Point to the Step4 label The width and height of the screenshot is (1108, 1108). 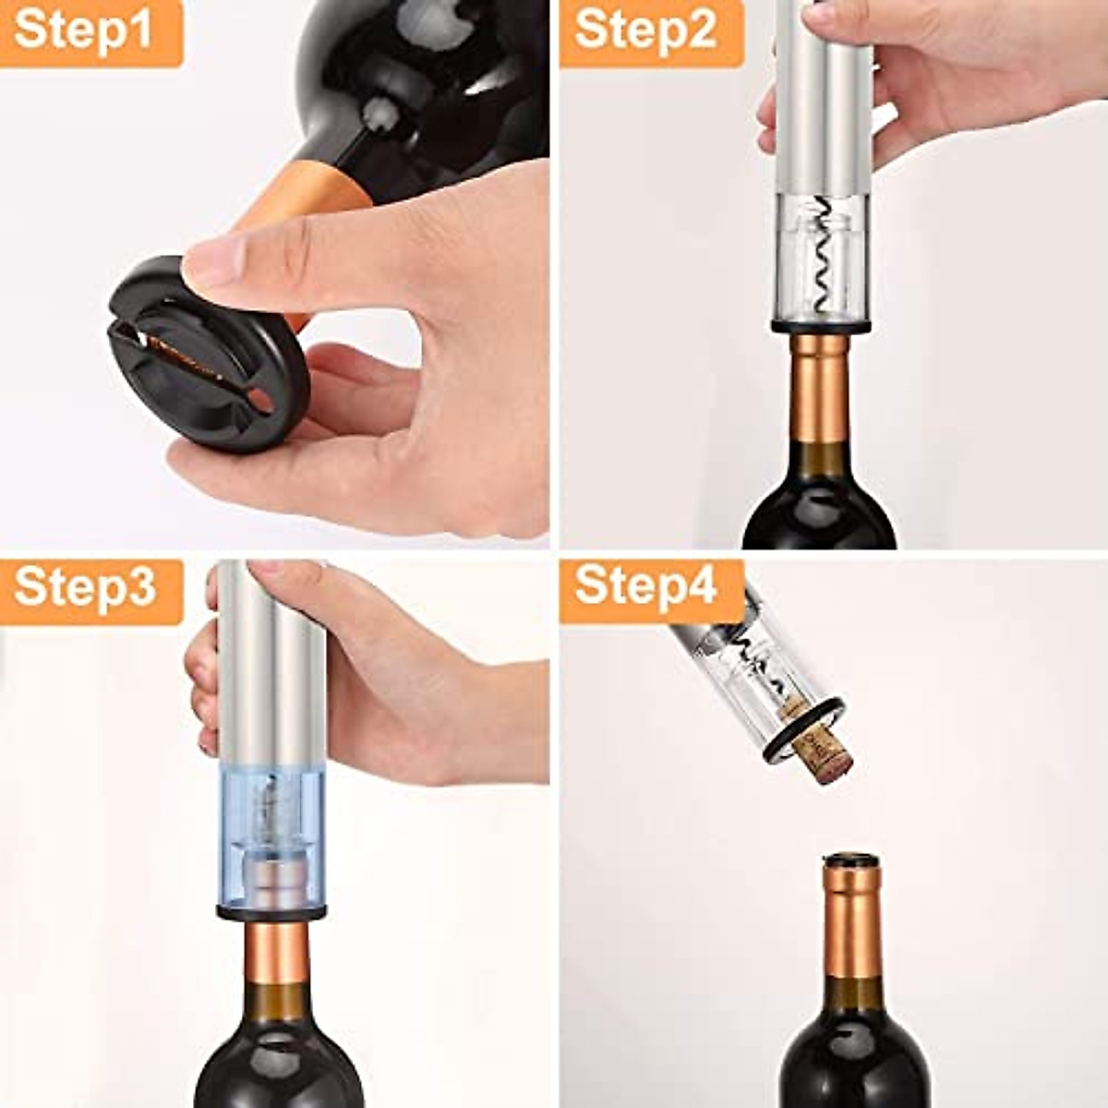pyautogui.click(x=646, y=587)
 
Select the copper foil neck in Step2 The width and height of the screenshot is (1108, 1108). pyautogui.click(x=820, y=388)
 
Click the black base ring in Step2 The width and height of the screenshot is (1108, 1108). pyautogui.click(x=820, y=326)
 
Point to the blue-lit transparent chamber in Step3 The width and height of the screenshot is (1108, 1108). pyautogui.click(x=271, y=831)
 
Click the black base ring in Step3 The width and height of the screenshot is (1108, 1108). pyautogui.click(x=271, y=911)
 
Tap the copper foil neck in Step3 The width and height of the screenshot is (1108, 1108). pyautogui.click(x=277, y=951)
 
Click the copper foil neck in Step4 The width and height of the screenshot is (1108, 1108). pyautogui.click(x=849, y=923)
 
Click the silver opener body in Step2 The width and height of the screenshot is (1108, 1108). pyautogui.click(x=822, y=92)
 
